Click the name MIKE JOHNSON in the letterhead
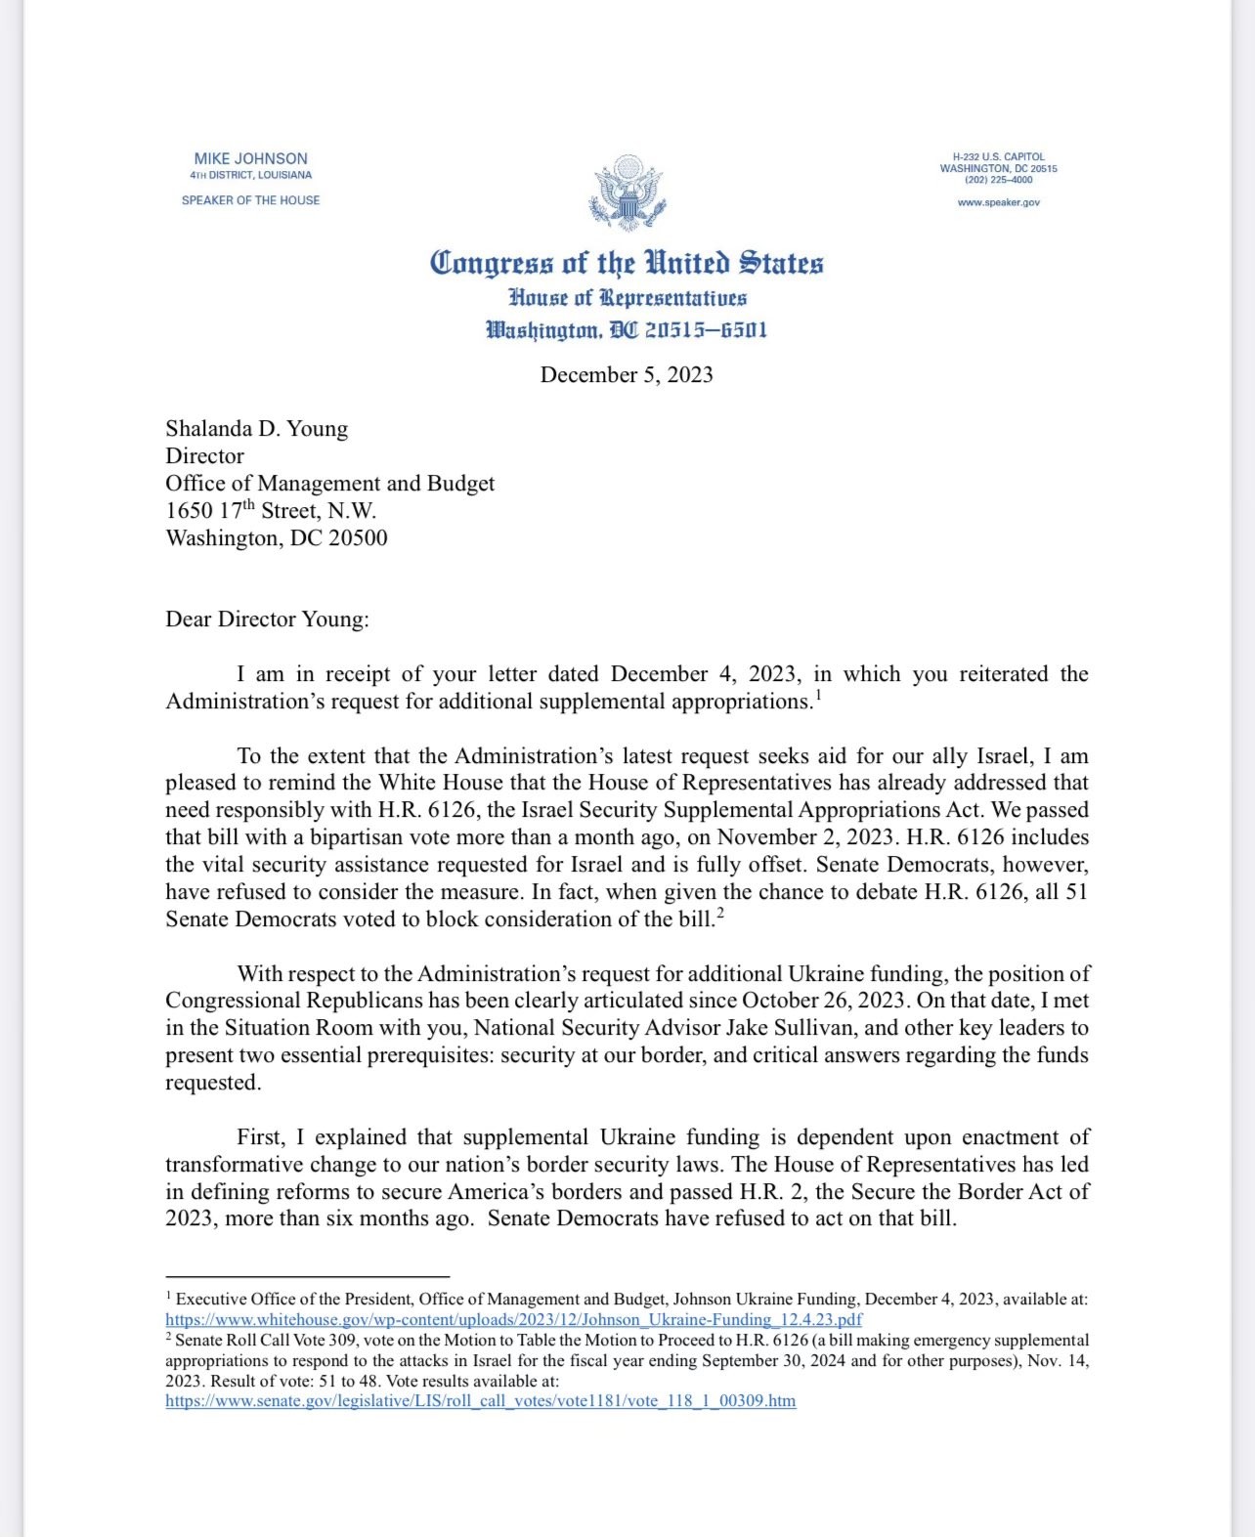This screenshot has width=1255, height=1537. coord(250,158)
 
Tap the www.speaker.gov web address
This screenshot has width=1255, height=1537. coord(998,202)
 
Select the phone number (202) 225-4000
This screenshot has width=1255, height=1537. coord(998,180)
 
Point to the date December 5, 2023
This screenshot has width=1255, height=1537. coord(627,375)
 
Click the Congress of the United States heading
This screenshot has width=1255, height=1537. coord(627,263)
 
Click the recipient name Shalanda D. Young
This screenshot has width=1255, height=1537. coord(256,429)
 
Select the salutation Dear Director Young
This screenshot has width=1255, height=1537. coord(267,619)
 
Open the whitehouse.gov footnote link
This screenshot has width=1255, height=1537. coord(513,1319)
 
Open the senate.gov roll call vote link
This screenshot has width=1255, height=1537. coord(480,1400)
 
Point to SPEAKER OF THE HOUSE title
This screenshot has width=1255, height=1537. coord(250,200)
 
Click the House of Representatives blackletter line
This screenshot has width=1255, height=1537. coord(627,298)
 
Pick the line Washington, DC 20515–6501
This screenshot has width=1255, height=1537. coord(627,330)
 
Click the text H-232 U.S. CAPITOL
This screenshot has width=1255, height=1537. coord(998,156)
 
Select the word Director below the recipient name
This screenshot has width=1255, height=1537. coord(204,456)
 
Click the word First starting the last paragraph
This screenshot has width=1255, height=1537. coord(261,1137)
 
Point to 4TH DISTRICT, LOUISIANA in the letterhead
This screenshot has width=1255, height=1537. coord(250,175)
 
